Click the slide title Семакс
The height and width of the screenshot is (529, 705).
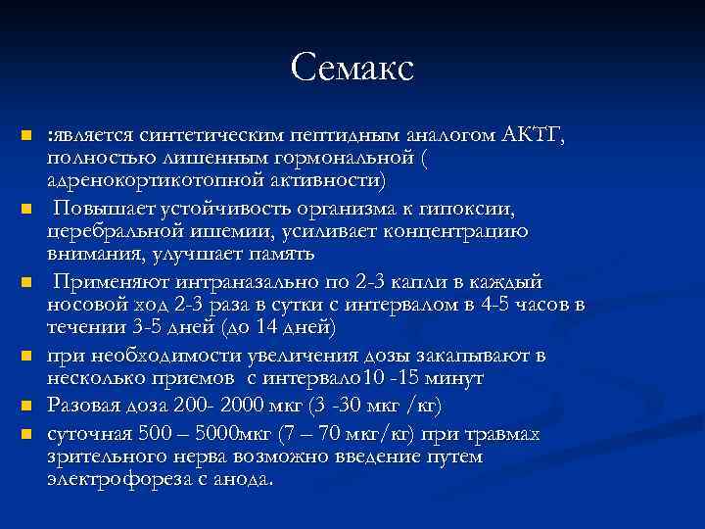tap(352, 68)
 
